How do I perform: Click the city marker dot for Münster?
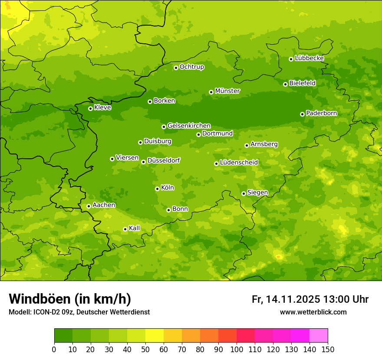coord(211,92)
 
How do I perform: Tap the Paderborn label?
coord(321,113)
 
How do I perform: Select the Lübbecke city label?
coord(309,58)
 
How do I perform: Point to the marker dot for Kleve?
coord(90,108)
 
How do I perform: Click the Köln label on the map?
coord(167,188)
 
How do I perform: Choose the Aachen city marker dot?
coord(89,206)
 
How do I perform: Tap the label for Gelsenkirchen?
coord(189,126)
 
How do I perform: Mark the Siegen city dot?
coord(244,193)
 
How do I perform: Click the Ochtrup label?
coord(191,67)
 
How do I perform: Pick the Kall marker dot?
coord(125,229)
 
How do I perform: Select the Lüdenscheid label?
coord(239,163)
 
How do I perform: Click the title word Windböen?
coord(39,299)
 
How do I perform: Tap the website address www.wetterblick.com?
coord(313,312)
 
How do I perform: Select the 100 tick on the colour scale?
coord(237,349)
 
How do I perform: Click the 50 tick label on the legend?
coord(145,349)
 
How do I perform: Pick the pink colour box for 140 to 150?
coord(319,336)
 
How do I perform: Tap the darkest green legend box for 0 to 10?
coord(63,336)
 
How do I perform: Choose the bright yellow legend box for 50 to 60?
coord(155,336)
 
